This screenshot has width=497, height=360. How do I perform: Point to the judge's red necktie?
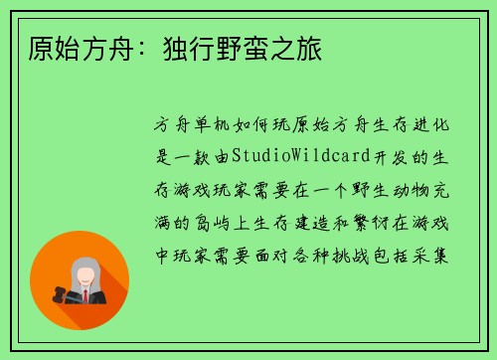click(x=85, y=295)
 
